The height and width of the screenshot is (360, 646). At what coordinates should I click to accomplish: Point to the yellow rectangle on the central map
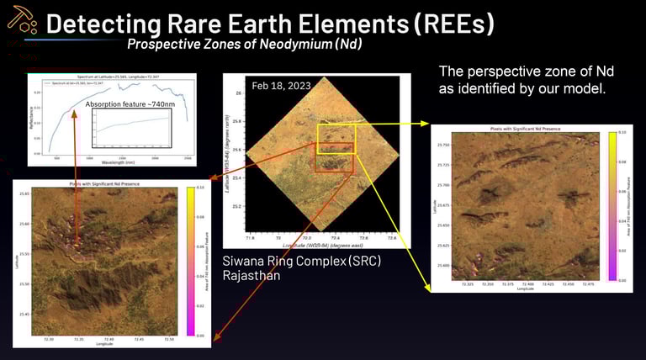pos(336,138)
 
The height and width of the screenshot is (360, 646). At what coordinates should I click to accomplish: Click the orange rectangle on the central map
pos(333,163)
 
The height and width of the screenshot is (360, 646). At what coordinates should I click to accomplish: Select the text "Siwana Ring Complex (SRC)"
pos(301,261)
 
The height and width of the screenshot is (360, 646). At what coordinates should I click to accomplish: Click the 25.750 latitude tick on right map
pos(442,146)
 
